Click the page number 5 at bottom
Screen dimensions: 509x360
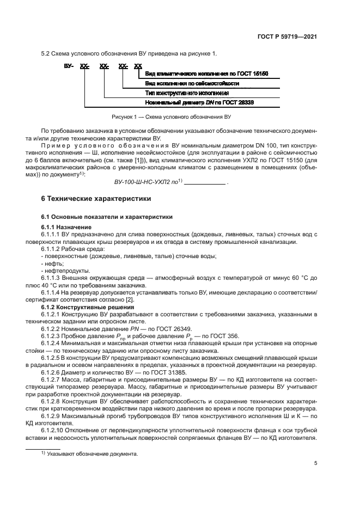click(x=316, y=464)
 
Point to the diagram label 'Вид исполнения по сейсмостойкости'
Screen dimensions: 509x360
click(x=192, y=83)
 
